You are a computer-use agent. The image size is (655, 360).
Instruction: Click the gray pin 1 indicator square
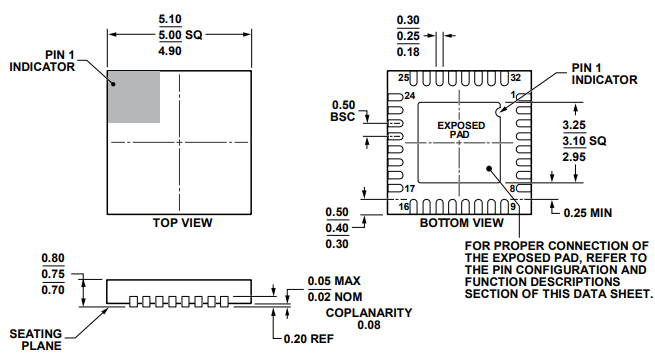tap(133, 98)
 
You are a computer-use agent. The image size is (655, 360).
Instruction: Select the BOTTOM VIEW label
tap(461, 222)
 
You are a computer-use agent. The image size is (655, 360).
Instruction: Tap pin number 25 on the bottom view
tap(404, 77)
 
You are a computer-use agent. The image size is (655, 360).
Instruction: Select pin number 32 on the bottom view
tap(515, 77)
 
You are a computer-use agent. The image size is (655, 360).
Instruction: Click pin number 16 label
tap(404, 207)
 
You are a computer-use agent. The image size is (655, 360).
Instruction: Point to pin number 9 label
tap(513, 207)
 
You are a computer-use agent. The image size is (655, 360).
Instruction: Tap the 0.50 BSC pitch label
tap(343, 111)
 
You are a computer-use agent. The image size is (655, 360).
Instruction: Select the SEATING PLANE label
tap(38, 339)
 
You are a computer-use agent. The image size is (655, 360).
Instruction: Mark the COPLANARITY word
tap(368, 312)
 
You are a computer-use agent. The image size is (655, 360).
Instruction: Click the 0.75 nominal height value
tap(54, 274)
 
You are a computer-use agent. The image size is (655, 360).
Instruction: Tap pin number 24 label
tap(409, 96)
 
